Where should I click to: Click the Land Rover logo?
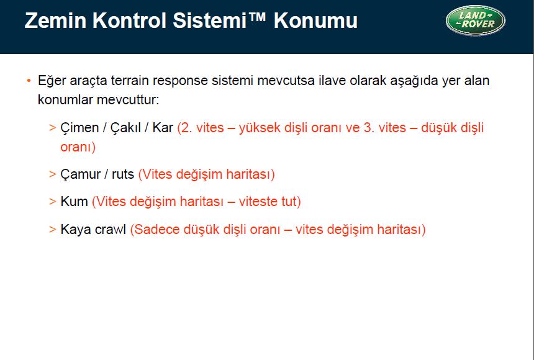point(476,20)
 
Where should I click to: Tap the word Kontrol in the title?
point(129,20)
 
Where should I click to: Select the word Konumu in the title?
point(315,20)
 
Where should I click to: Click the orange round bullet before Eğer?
point(29,81)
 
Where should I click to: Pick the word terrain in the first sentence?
point(130,81)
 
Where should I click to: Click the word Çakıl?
point(125,128)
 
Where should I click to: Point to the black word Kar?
point(163,128)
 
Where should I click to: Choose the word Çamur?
point(80,174)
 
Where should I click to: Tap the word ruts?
point(123,175)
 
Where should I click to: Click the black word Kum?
point(75,201)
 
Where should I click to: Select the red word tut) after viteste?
point(291,202)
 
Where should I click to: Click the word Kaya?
point(76,230)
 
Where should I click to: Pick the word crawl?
point(111,229)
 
